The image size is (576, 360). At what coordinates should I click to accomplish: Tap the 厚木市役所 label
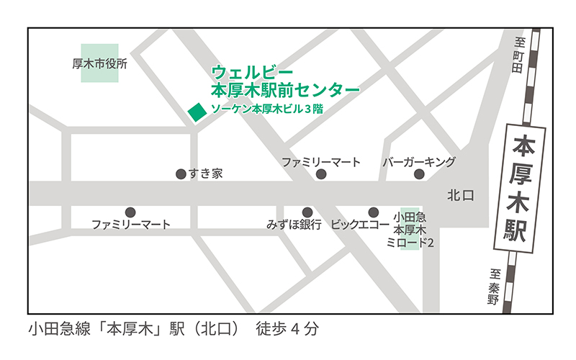100,63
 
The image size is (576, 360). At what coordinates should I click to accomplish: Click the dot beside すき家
181,174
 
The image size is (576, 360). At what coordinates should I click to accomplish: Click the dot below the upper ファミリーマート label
321,174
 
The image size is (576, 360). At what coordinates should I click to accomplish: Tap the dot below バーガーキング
419,174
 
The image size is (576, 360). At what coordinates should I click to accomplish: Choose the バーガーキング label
418,161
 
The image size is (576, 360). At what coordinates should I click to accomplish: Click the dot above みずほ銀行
307,212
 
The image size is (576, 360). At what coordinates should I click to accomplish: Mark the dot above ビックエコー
373,212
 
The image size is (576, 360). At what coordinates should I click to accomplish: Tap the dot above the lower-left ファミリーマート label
130,212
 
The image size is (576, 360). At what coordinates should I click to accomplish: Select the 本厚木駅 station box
518,189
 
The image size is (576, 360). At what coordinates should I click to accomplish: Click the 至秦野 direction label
495,287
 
